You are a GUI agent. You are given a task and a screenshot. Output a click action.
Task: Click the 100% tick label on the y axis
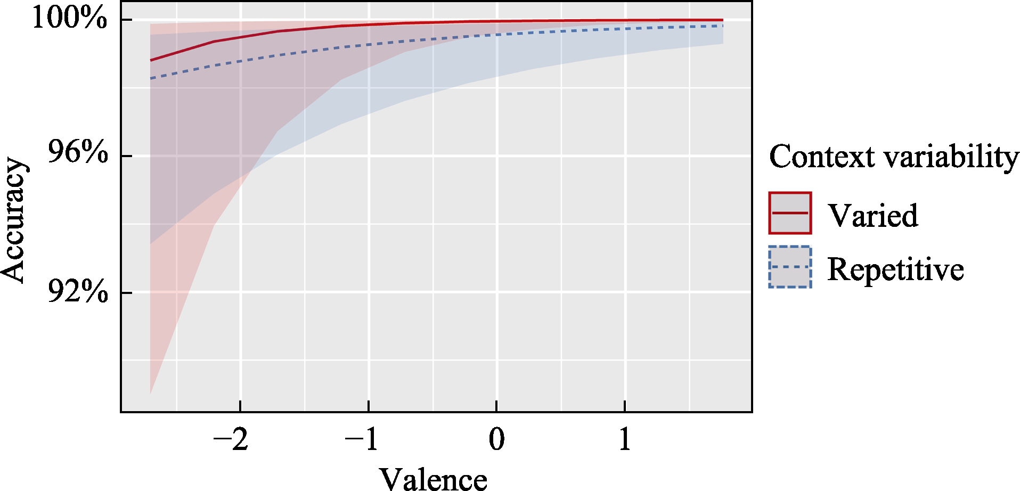pos(70,18)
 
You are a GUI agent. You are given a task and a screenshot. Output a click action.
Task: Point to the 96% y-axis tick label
pos(78,153)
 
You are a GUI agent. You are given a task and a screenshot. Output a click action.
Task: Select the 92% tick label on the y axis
pos(78,291)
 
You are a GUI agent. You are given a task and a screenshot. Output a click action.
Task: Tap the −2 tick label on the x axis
pos(231,440)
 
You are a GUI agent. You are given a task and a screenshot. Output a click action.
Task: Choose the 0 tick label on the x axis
pos(496,440)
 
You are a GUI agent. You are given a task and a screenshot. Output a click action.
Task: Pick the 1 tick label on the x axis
pos(625,440)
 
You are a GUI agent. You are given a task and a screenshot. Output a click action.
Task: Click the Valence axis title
pos(433,478)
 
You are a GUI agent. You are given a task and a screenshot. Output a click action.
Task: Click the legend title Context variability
pos(894,157)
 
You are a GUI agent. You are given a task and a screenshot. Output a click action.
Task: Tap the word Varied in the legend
pos(872,216)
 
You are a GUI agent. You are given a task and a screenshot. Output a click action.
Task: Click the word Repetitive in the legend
pos(895,269)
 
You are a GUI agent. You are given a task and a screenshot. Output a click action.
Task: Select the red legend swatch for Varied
pos(790,213)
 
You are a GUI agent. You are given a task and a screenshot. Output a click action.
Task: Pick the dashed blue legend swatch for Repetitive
pos(790,267)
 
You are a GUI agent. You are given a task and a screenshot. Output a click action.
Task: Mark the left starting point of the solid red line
pos(151,60)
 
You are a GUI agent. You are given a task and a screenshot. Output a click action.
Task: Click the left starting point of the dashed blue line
pos(151,78)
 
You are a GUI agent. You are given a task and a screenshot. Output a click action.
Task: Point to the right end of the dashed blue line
pos(722,26)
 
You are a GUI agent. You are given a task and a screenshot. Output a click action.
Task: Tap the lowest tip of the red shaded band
pos(151,394)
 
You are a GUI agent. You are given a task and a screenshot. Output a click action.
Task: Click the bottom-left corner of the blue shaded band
pos(151,244)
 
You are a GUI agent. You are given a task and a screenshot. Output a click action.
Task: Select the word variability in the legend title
pos(951,157)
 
